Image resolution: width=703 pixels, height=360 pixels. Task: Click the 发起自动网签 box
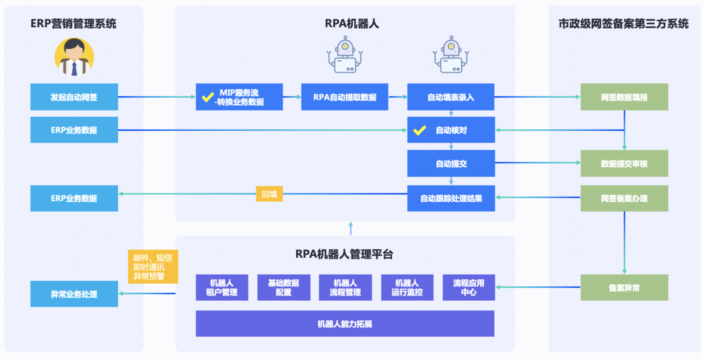pos(74,97)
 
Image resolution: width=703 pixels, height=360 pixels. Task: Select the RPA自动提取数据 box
pos(344,97)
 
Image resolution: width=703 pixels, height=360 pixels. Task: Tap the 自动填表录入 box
pos(450,97)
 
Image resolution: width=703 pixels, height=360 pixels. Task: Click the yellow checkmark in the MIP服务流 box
pos(208,97)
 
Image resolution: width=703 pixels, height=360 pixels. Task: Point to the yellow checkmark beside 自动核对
pos(420,130)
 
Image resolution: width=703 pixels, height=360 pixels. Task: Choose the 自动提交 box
pos(450,163)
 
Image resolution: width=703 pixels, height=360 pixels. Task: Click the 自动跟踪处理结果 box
pos(450,198)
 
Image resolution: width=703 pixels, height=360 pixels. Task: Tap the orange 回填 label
pos(269,193)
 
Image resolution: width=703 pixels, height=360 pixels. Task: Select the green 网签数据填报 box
pos(624,97)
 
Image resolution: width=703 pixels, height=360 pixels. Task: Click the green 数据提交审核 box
pos(624,163)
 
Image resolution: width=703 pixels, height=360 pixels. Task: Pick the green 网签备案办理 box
pos(624,198)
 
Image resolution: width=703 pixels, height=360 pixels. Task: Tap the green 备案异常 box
pos(624,287)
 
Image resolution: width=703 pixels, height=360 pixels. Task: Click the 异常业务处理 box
pos(74,294)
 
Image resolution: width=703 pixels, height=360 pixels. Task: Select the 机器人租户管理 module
pos(222,287)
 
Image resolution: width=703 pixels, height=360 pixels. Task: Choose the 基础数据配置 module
pos(283,287)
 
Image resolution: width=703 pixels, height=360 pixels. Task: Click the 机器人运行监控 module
pos(407,287)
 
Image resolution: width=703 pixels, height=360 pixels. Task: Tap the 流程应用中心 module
pos(469,287)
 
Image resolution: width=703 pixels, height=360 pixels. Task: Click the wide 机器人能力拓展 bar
pos(344,324)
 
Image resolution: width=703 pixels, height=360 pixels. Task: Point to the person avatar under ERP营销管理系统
pos(74,57)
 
